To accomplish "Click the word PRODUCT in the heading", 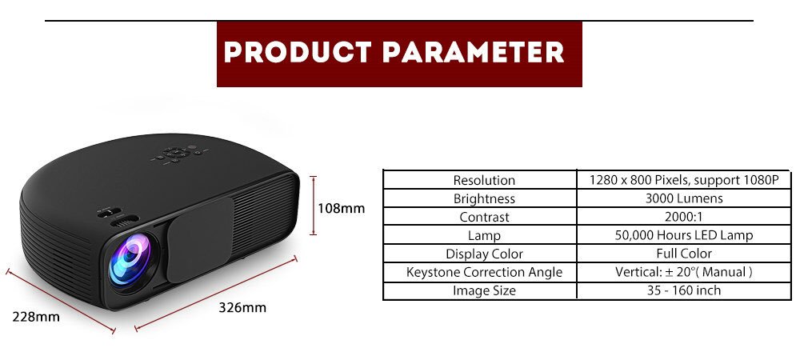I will [x=296, y=54].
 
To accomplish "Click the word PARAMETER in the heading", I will [x=474, y=54].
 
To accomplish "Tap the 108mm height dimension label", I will [x=341, y=208].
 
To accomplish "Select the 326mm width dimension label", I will [x=242, y=307].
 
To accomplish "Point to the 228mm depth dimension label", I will [x=36, y=316].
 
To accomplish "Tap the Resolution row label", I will [x=484, y=180].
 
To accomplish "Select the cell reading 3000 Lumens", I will [x=683, y=198].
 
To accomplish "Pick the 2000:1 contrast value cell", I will [x=683, y=217].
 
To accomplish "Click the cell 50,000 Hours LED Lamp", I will [x=683, y=235].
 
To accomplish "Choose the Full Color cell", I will [x=683, y=254].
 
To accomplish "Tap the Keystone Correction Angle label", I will [x=484, y=272].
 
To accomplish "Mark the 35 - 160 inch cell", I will [x=683, y=290].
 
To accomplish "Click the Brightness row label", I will [x=484, y=198].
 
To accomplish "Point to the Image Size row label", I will [x=484, y=290].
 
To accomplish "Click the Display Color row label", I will [x=484, y=254].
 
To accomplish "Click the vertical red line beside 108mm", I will [x=313, y=206].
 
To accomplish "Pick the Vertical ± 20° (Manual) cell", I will [x=683, y=272].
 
